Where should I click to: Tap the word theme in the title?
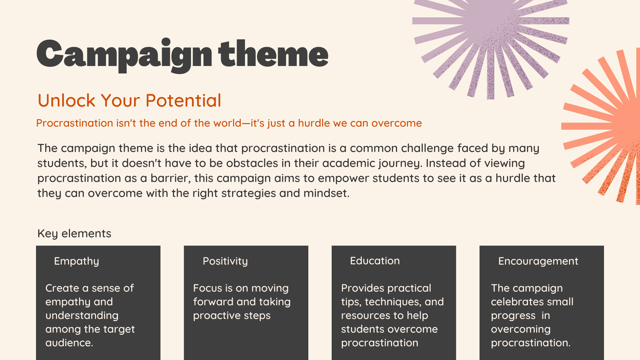pyautogui.click(x=273, y=53)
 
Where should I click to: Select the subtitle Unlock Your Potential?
pyautogui.click(x=129, y=100)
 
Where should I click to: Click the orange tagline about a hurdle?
pyautogui.click(x=229, y=123)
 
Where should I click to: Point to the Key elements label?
pyautogui.click(x=74, y=233)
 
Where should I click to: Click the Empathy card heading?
pyautogui.click(x=77, y=261)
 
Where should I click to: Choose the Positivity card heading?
pyautogui.click(x=225, y=261)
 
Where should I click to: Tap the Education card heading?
pyautogui.click(x=375, y=261)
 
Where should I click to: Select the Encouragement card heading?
pyautogui.click(x=538, y=261)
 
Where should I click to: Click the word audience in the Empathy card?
pyautogui.click(x=69, y=343)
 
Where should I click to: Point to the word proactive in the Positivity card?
pyautogui.click(x=214, y=316)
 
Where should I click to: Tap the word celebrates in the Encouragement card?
pyautogui.click(x=513, y=302)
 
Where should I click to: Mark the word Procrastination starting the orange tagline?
pyautogui.click(x=75, y=123)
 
